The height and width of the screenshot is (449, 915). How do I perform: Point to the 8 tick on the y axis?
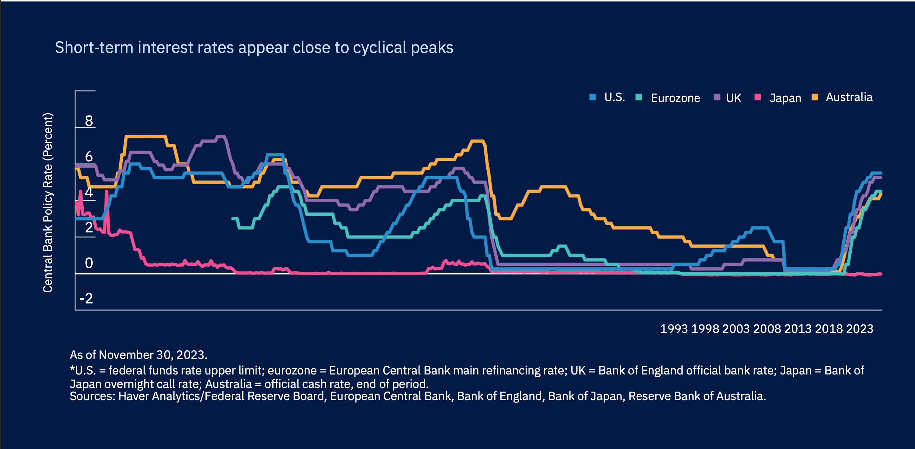pyautogui.click(x=89, y=121)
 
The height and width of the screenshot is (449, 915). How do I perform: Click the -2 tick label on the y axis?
pyautogui.click(x=86, y=298)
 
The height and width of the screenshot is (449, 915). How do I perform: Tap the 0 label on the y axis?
pyautogui.click(x=89, y=263)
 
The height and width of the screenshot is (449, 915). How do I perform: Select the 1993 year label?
pyautogui.click(x=673, y=329)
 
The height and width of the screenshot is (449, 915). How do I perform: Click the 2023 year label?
pyautogui.click(x=860, y=329)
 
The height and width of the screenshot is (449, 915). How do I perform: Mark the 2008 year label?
pyautogui.click(x=767, y=329)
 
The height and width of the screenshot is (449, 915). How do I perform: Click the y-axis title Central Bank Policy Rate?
pyautogui.click(x=48, y=203)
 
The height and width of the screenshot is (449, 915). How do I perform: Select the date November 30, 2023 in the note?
pyautogui.click(x=152, y=355)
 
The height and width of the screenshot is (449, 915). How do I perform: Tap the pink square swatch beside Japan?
pyautogui.click(x=758, y=97)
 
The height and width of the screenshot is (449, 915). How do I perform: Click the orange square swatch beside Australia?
pyautogui.click(x=815, y=97)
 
